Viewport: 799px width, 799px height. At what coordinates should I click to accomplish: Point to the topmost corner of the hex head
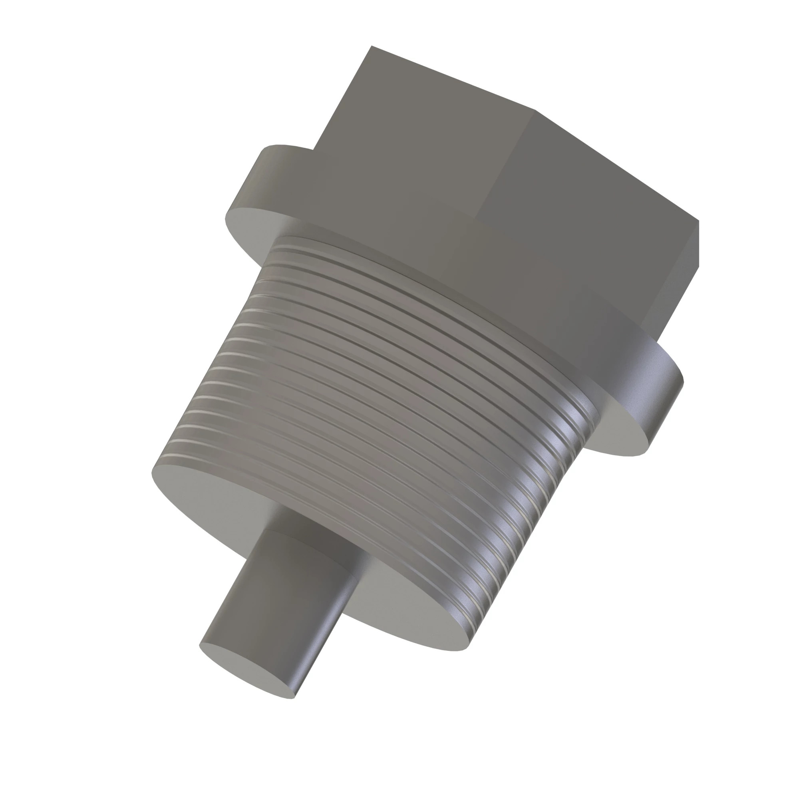click(x=372, y=46)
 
